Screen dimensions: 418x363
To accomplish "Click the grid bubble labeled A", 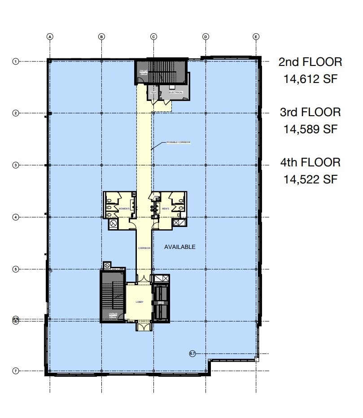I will point(50,36).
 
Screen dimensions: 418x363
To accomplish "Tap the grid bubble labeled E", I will point(256,36).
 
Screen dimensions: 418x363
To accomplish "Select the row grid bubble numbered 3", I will point(15,165).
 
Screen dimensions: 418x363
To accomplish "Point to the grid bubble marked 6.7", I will point(192,354).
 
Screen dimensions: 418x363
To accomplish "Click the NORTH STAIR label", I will point(143,73).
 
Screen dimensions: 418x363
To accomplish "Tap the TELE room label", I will point(153,92).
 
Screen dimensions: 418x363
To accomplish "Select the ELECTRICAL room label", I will point(176,92).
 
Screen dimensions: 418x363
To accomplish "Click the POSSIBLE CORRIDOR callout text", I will point(179,142).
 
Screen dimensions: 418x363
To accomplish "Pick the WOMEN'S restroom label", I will point(124,209).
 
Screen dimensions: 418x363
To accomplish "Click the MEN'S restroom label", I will point(165,209).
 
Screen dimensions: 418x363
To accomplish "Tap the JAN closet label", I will point(156,196).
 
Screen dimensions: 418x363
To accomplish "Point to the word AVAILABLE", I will point(180,247).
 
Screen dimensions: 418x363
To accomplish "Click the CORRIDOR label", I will point(144,248).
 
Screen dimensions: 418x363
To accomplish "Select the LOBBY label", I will point(140,302).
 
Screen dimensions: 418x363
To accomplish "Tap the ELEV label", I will point(161,303).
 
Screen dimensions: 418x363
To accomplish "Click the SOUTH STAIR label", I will point(113,314).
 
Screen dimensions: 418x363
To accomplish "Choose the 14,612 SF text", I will point(310,79).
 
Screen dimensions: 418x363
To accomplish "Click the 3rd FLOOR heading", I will point(310,112).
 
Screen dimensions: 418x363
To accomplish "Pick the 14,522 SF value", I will point(310,179).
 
